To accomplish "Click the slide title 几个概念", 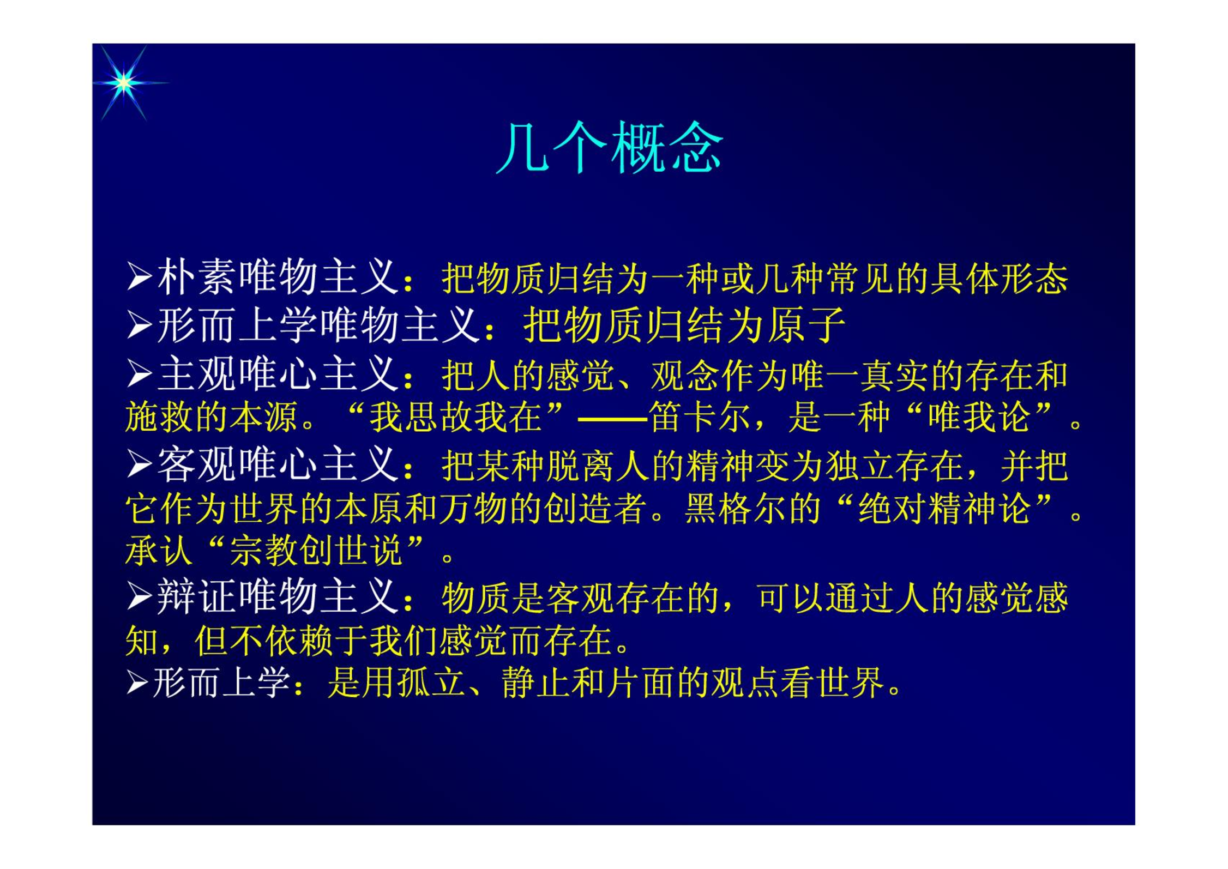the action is point(610,147).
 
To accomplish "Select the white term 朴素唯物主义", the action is point(278,277).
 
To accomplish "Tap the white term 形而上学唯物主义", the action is point(319,325).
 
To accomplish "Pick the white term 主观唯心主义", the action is point(278,374).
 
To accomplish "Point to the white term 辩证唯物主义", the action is point(278,597).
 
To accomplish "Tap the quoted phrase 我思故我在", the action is point(456,418).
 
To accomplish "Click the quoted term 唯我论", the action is point(979,418).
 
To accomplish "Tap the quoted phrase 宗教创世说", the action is point(316,550).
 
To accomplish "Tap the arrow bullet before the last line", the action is point(137,683).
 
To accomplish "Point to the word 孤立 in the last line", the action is point(431,683).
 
